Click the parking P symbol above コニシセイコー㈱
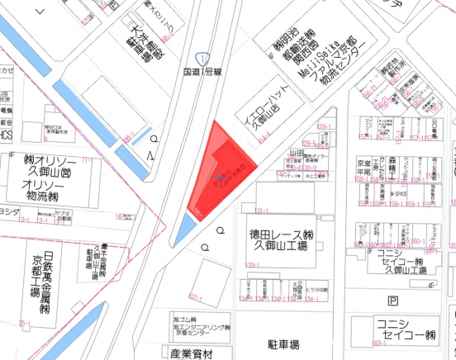(x=393, y=301)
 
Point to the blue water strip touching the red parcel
(x=184, y=229)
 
